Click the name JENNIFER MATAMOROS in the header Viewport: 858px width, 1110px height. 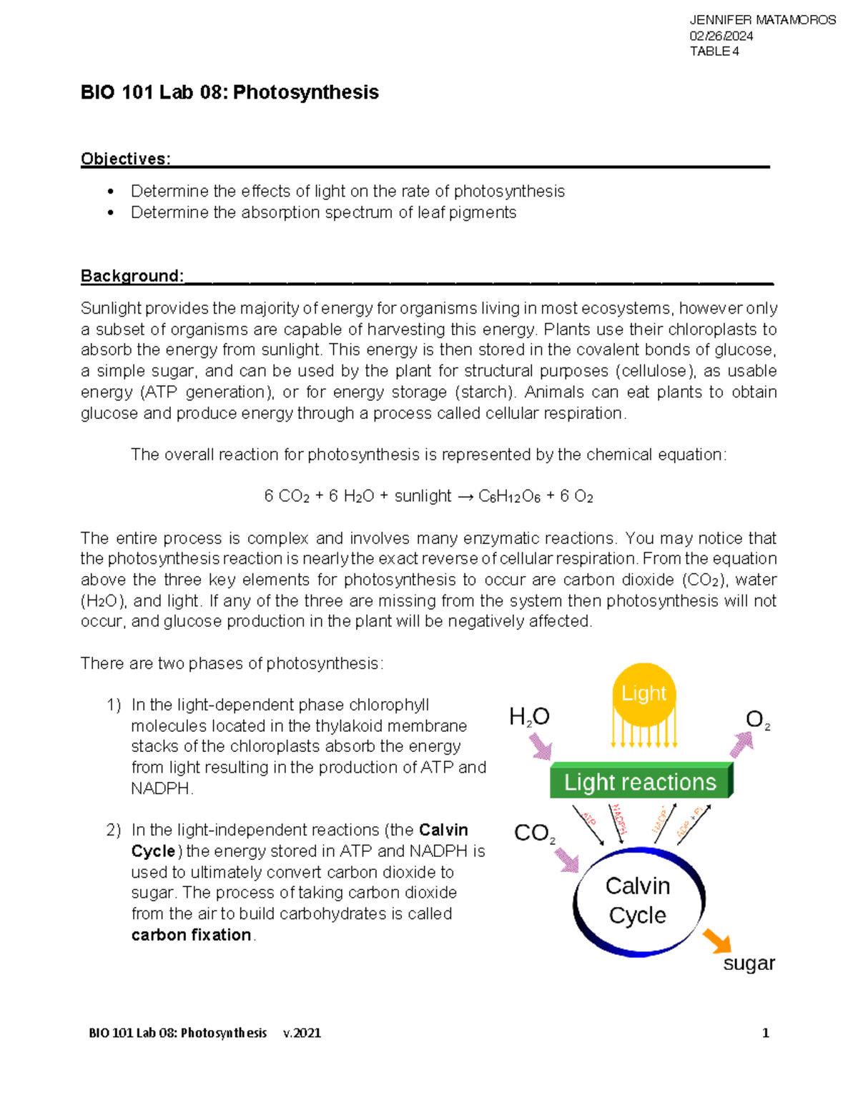tap(762, 20)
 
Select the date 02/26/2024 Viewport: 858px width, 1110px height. tap(721, 36)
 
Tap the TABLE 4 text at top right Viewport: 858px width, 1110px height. tap(714, 51)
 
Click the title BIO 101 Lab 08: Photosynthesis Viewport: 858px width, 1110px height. tap(230, 92)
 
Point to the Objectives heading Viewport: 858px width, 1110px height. tap(125, 159)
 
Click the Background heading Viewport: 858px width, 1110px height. tap(132, 276)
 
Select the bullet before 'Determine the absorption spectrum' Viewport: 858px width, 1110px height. tap(110, 213)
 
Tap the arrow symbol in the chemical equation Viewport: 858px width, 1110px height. tap(465, 497)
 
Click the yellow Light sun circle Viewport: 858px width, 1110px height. tap(643, 694)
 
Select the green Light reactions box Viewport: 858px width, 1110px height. tap(640, 782)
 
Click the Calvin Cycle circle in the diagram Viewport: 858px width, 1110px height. tap(638, 901)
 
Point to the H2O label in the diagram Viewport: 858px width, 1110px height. tap(529, 717)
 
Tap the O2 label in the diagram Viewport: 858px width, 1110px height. tap(757, 720)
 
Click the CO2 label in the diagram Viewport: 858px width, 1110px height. tap(534, 833)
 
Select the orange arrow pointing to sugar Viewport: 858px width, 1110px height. tap(717, 941)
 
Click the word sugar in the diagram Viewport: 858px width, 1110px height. tap(749, 963)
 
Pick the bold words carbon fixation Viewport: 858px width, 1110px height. tap(191, 935)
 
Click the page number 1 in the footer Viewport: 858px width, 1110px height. tap(766, 1033)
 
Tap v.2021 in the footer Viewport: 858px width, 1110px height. tap(302, 1033)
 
